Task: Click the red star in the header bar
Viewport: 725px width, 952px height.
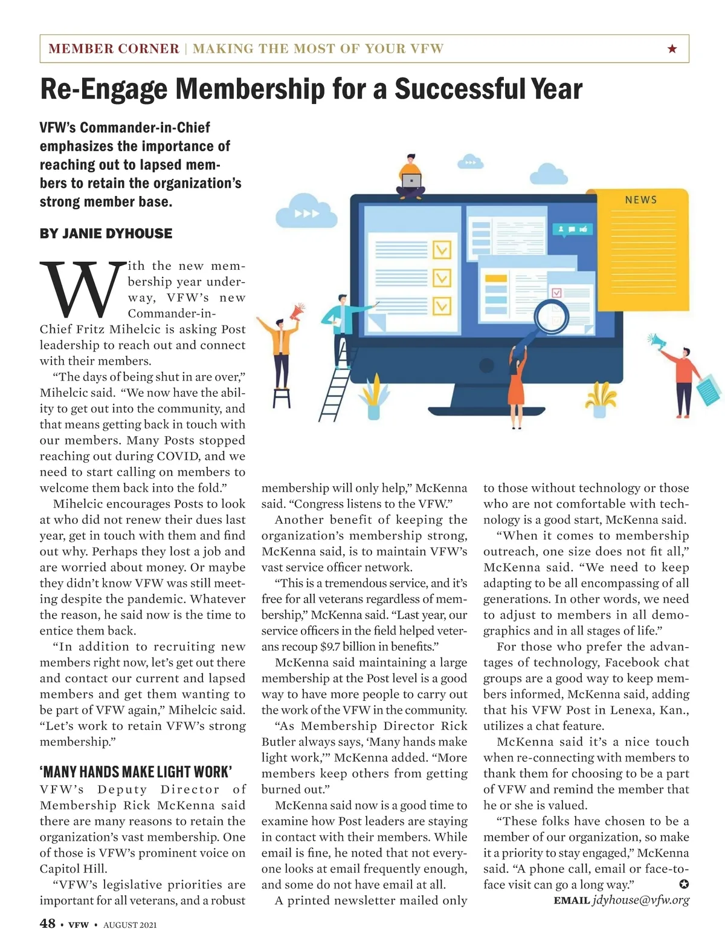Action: pos(672,48)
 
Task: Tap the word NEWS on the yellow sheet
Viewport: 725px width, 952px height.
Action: pos(640,200)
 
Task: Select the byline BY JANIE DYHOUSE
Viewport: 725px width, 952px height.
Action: pos(106,233)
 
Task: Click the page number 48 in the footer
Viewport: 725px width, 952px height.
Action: pos(48,923)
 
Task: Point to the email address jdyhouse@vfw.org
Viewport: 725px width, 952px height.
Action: pos(640,900)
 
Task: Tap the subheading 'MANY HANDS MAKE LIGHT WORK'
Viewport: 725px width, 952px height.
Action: pos(136,772)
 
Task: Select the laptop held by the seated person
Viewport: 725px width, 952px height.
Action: pos(411,181)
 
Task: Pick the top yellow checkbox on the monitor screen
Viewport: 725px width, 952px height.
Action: pos(442,249)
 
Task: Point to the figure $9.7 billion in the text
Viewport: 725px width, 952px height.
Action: pos(343,647)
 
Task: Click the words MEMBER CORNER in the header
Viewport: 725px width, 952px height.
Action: pos(114,48)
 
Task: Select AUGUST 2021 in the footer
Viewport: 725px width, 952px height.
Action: pos(130,925)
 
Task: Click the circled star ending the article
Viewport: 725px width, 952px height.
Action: pos(683,884)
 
